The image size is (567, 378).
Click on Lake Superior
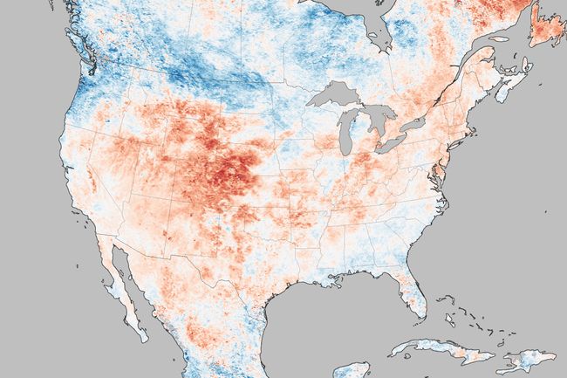[x=336, y=93]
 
